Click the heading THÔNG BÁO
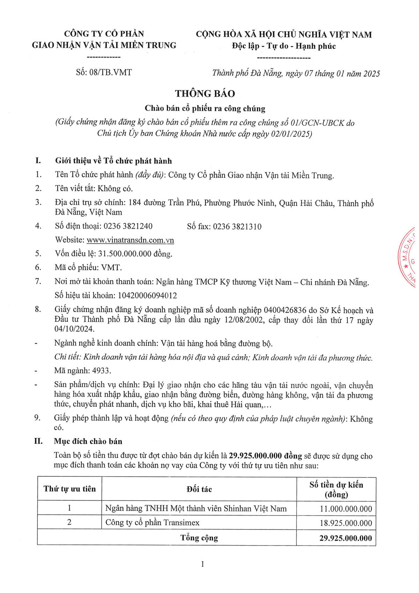click(x=205, y=94)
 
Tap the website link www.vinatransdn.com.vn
click(x=130, y=240)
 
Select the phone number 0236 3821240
click(x=128, y=226)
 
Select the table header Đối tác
click(x=199, y=489)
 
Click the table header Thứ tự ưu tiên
click(x=69, y=489)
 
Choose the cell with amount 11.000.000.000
click(x=346, y=509)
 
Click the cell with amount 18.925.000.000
click(x=346, y=523)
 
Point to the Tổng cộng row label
click(x=199, y=538)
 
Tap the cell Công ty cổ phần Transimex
click(x=153, y=522)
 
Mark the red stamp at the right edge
click(x=409, y=258)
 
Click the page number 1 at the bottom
click(x=203, y=564)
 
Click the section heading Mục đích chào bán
click(x=88, y=442)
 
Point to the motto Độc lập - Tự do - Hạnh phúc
click(x=284, y=46)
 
